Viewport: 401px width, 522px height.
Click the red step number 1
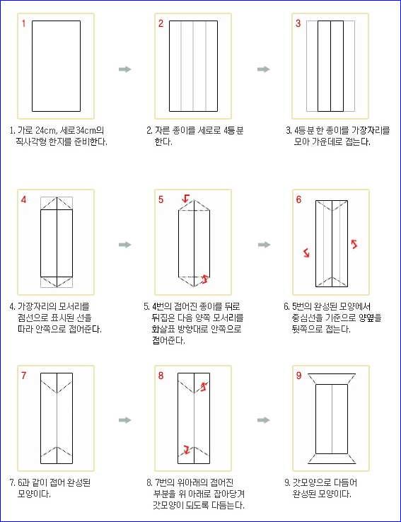coord(23,23)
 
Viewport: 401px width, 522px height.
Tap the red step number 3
coord(298,23)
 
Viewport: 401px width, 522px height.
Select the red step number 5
coord(161,199)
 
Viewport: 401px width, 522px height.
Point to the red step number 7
coord(23,376)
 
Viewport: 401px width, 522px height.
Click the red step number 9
coord(298,376)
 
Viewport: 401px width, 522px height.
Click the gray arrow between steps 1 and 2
coord(124,69)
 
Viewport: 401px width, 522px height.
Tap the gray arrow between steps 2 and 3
coord(263,69)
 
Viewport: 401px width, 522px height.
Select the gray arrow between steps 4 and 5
coord(124,245)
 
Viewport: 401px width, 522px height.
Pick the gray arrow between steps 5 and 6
coord(264,245)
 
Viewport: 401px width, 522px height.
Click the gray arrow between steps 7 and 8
coord(124,420)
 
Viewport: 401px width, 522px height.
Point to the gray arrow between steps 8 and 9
coord(263,420)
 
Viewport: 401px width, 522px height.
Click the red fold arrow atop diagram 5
coord(185,198)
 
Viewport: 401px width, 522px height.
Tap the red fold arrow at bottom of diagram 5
coord(205,279)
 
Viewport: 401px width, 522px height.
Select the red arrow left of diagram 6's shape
coord(306,253)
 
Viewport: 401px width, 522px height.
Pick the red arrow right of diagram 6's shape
coord(354,244)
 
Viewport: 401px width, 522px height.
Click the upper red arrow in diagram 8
coord(204,386)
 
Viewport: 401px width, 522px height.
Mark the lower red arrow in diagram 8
coord(187,450)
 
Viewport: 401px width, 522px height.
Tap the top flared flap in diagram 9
coord(332,379)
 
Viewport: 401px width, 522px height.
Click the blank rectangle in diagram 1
coord(57,66)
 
